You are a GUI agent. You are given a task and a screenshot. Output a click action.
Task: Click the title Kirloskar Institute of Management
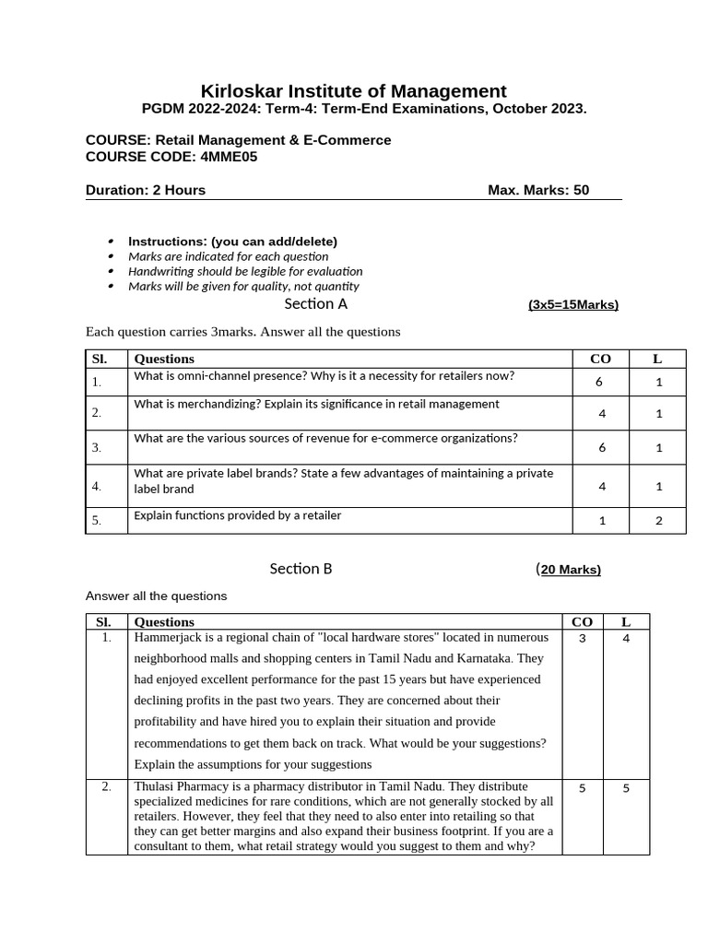pos(354,91)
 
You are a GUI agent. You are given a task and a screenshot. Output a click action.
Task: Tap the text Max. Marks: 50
pos(538,190)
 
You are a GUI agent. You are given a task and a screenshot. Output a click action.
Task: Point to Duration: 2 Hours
pos(146,190)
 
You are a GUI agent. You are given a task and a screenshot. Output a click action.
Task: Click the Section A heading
pos(315,303)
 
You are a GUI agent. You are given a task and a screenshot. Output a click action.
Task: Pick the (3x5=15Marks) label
pos(572,304)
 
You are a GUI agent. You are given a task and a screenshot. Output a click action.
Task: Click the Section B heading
pos(301,569)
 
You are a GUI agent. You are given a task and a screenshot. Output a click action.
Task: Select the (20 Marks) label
pos(570,570)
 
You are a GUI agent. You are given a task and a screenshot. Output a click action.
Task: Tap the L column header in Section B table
pos(626,622)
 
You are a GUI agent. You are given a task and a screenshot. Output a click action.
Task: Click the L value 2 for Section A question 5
pos(658,521)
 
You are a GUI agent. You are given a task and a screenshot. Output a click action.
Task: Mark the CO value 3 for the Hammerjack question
pos(582,638)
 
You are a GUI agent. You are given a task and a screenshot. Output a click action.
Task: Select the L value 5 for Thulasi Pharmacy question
pos(626,788)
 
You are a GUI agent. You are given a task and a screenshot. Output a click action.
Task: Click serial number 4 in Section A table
pos(96,486)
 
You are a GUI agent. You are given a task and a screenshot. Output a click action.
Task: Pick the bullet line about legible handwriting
pos(245,271)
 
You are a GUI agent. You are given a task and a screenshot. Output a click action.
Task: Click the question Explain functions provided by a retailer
pos(238,515)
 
